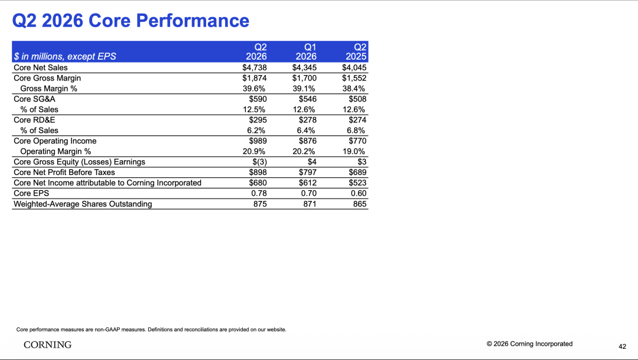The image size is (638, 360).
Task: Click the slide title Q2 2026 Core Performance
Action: (x=131, y=21)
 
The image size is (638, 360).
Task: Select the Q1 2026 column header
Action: (x=306, y=51)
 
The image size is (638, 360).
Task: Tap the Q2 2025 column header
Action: (x=356, y=51)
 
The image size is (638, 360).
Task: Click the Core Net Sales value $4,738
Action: (x=255, y=67)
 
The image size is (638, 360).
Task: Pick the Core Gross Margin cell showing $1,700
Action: (x=304, y=78)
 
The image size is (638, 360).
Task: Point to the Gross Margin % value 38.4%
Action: (x=354, y=88)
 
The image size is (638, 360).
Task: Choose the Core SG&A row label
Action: (x=34, y=99)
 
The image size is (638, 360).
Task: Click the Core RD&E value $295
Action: (x=258, y=120)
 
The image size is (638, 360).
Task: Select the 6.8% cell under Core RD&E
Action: (x=356, y=130)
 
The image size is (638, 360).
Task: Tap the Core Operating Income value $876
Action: (x=308, y=141)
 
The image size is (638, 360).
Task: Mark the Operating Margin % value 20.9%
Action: (x=254, y=151)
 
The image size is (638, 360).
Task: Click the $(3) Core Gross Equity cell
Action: (x=259, y=161)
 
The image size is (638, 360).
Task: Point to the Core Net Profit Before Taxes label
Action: (x=64, y=172)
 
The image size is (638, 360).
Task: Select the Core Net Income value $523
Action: (x=357, y=183)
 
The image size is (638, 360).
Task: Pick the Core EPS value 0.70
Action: (x=309, y=193)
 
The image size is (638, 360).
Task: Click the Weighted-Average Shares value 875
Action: (x=261, y=203)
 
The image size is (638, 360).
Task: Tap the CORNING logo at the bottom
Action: (x=48, y=345)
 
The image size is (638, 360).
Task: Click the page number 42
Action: (x=623, y=346)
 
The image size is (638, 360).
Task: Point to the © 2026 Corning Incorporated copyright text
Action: (x=529, y=343)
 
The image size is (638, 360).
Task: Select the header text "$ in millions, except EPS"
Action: (x=65, y=57)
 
